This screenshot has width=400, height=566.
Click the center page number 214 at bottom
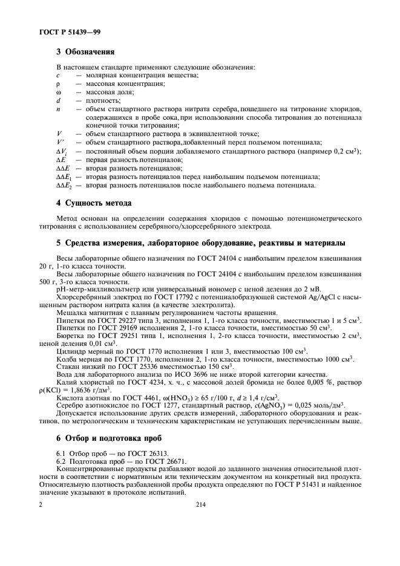[200, 503]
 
